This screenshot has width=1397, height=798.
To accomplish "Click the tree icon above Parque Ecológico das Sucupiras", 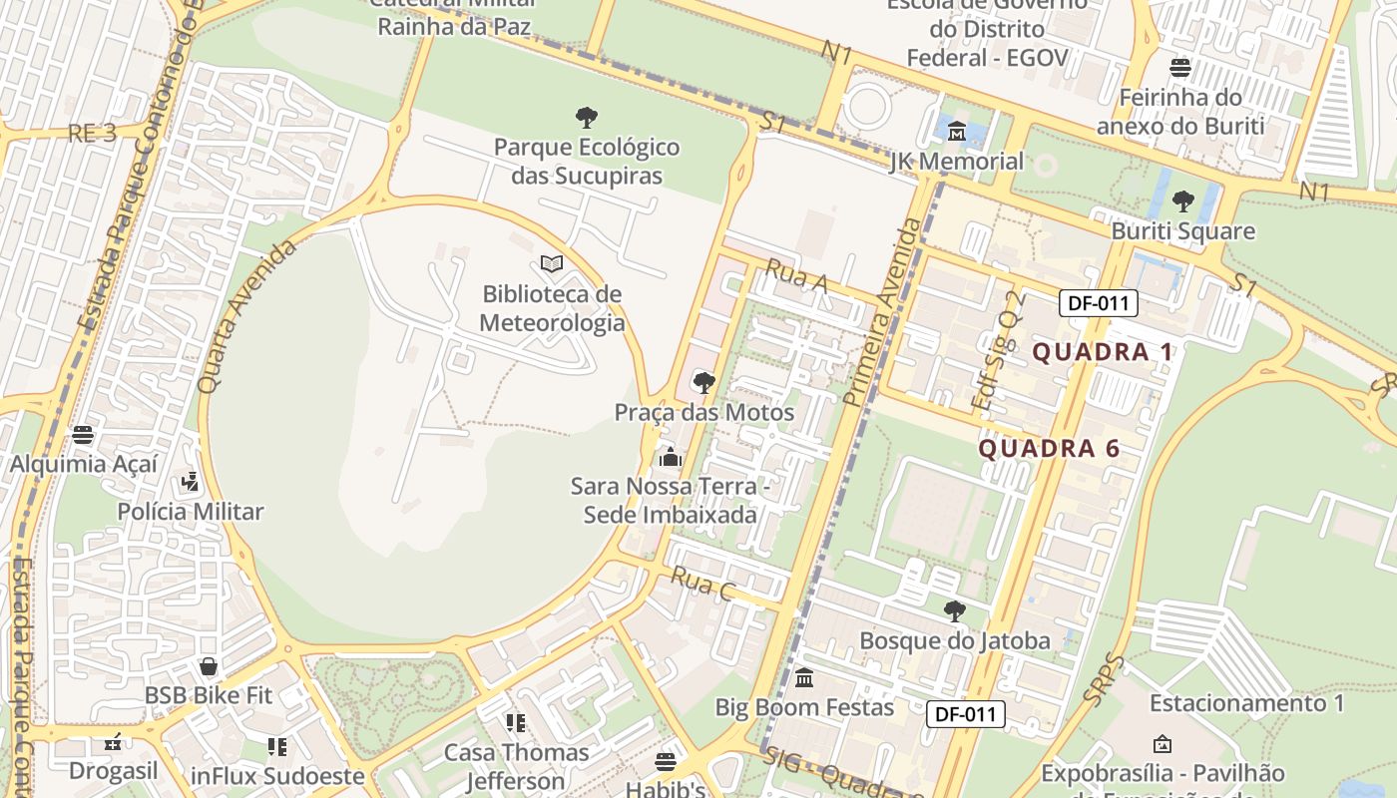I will pyautogui.click(x=587, y=118).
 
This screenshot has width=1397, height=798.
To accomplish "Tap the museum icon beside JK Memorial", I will pyautogui.click(x=957, y=131).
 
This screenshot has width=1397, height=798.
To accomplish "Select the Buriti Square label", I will pyautogui.click(x=1182, y=231).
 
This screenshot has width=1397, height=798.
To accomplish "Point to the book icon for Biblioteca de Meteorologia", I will pyautogui.click(x=552, y=264).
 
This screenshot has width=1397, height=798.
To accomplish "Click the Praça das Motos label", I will pyautogui.click(x=703, y=412).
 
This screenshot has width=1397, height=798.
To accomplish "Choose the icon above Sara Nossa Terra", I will pyautogui.click(x=671, y=457).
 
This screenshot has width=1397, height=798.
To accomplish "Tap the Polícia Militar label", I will pyautogui.click(x=190, y=512).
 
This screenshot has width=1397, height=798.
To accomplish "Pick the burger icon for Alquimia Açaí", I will pyautogui.click(x=83, y=435).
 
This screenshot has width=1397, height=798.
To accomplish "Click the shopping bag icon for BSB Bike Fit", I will pyautogui.click(x=209, y=666).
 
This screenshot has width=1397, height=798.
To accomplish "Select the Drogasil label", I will pyautogui.click(x=113, y=771).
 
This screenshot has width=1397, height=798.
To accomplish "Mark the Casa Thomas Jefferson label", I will pyautogui.click(x=516, y=765).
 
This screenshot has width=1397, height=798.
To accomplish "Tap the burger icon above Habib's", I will pyautogui.click(x=666, y=762).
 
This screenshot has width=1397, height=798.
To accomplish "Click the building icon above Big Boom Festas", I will pyautogui.click(x=804, y=679).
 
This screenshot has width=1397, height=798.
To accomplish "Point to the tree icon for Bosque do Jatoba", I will pyautogui.click(x=955, y=611).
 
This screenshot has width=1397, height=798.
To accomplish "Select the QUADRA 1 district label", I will pyautogui.click(x=1103, y=352).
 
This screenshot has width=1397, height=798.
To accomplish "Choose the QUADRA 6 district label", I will pyautogui.click(x=1049, y=449).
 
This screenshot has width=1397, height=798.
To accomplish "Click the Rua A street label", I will pyautogui.click(x=796, y=276).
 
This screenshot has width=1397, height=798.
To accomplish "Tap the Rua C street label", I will pyautogui.click(x=702, y=584).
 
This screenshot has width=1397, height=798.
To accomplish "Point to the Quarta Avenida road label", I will pyautogui.click(x=246, y=315).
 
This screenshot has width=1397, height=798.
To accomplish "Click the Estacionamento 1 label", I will pyautogui.click(x=1246, y=703).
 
